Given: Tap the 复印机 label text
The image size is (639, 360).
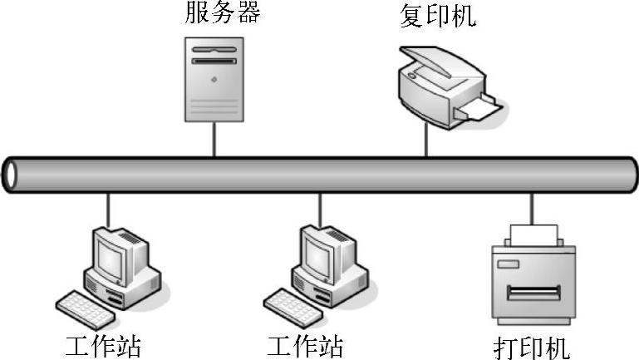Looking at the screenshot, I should tap(438, 16).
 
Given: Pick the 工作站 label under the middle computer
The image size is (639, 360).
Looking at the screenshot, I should tap(305, 345).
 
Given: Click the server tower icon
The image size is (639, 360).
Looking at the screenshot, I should tap(214, 80).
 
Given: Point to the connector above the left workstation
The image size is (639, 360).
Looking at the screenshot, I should tap(108, 210).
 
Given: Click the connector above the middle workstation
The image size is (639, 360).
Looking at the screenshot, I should tap(320, 210).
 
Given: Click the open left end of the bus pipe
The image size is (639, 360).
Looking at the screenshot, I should tap(11, 174).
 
